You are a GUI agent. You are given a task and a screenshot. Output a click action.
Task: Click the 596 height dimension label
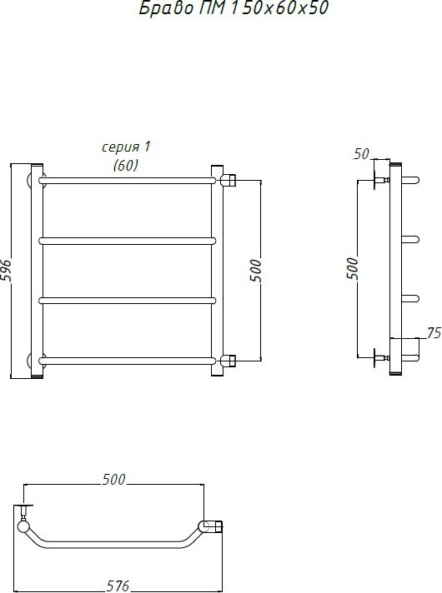(x=6, y=271)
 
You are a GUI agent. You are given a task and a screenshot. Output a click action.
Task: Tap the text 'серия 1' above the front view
(x=126, y=147)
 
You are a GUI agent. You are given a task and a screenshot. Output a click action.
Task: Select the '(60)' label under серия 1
(x=126, y=165)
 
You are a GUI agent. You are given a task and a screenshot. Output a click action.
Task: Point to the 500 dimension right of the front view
(x=256, y=271)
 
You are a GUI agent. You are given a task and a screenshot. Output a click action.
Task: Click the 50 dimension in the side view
(x=361, y=153)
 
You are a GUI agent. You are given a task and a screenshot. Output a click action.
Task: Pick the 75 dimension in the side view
(x=434, y=333)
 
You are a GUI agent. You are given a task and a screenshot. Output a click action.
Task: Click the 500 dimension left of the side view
(x=352, y=268)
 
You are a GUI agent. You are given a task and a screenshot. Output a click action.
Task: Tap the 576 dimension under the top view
(x=118, y=586)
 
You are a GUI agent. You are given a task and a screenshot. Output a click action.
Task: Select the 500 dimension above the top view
(x=113, y=479)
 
